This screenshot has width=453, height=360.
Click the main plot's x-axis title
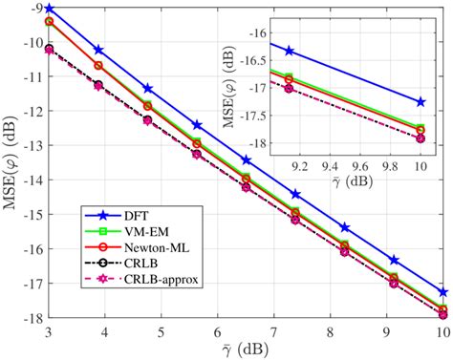[245, 349]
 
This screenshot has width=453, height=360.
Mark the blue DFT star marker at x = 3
[49, 9]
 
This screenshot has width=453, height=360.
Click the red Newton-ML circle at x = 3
[49, 21]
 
